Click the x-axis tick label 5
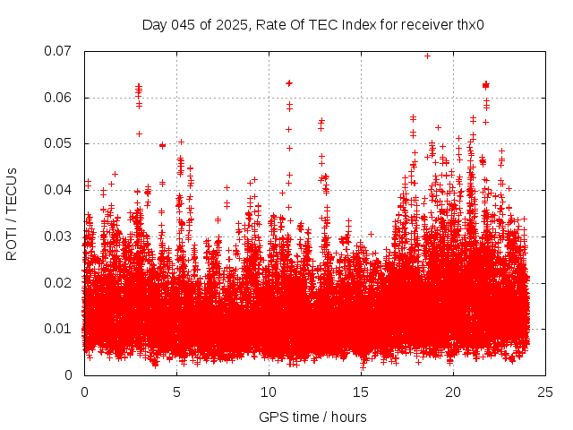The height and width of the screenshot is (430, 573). [x=176, y=392]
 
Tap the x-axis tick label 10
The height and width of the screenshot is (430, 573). [x=269, y=392]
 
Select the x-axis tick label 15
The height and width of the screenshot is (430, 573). [x=361, y=392]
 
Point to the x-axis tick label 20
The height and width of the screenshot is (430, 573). [x=453, y=392]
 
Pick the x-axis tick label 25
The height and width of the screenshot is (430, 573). [x=545, y=392]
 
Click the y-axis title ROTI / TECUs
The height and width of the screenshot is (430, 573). [x=12, y=213]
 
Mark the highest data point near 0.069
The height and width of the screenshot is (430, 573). [x=427, y=56]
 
